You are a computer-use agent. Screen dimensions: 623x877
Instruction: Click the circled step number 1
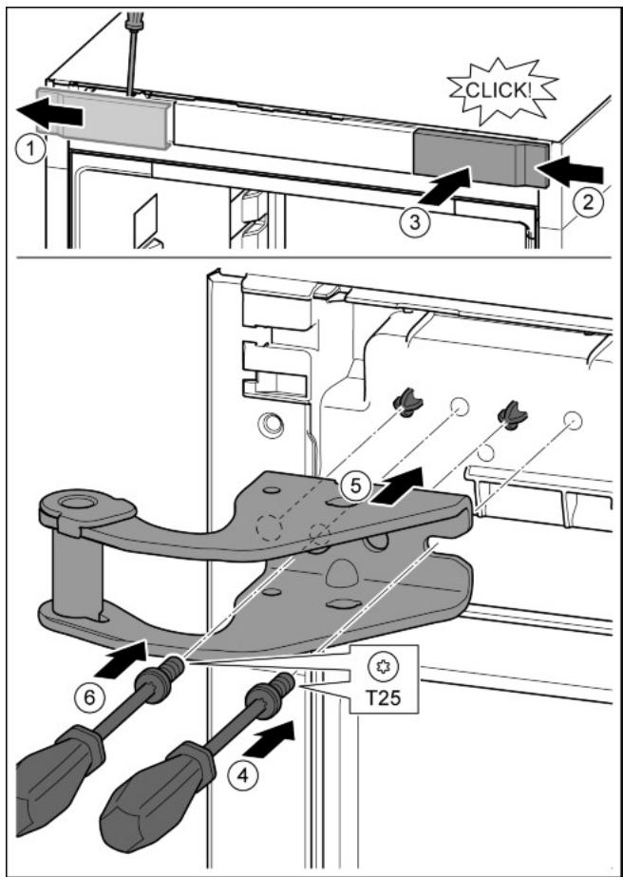pyautogui.click(x=32, y=149)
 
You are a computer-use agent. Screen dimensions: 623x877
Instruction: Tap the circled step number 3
pyautogui.click(x=414, y=221)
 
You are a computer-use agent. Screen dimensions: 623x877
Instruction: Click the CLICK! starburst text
pyautogui.click(x=500, y=90)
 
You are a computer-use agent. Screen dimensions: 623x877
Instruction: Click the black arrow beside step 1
pyautogui.click(x=49, y=114)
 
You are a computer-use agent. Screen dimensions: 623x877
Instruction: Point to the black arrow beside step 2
pyautogui.click(x=571, y=170)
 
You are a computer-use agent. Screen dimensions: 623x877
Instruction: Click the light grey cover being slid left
pyautogui.click(x=104, y=118)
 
